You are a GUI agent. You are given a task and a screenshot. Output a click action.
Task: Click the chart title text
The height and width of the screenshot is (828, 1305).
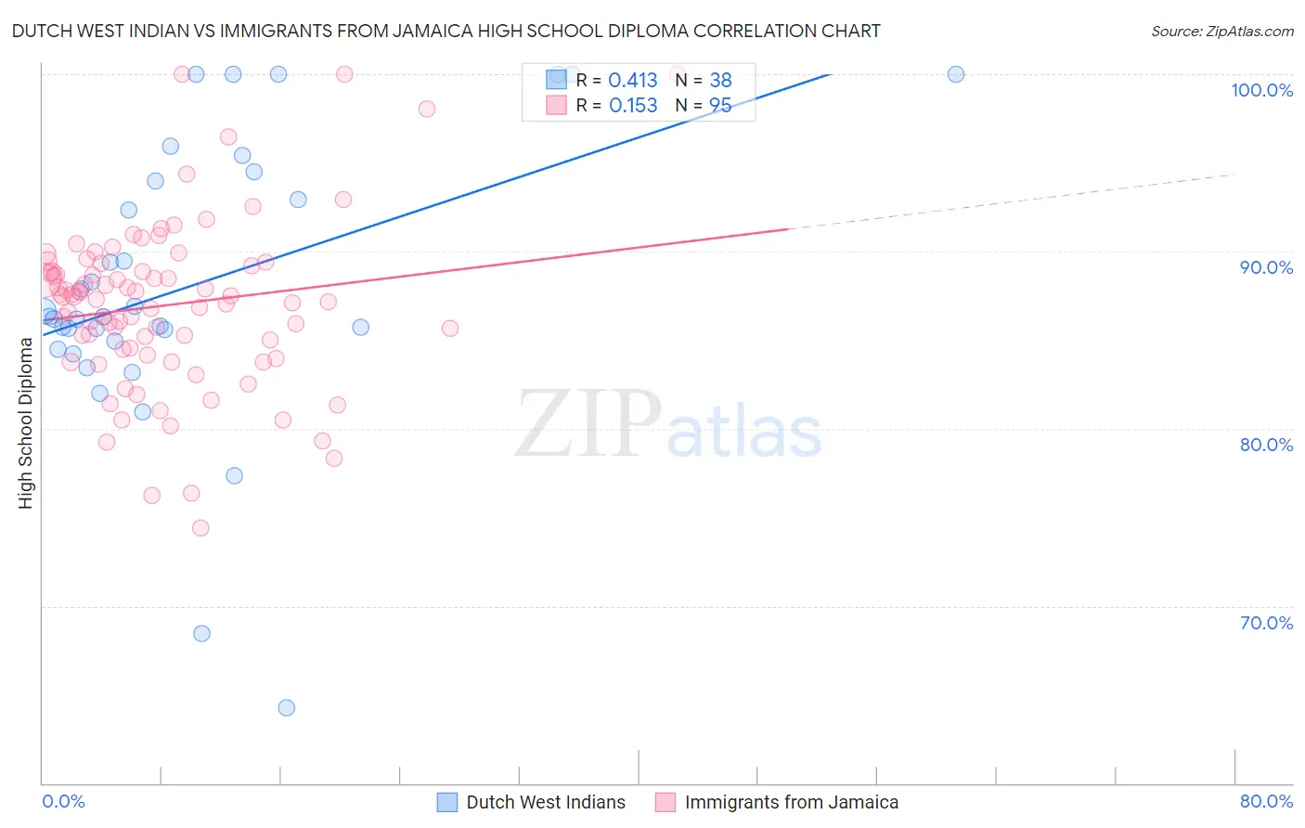click(x=446, y=31)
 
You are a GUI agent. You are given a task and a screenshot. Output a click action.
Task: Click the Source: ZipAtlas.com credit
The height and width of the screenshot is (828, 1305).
click(x=1221, y=31)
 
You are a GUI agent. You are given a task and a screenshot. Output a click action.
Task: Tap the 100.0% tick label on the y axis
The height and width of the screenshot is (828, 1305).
click(x=1261, y=90)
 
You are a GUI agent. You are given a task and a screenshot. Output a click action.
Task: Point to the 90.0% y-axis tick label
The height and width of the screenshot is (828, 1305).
click(x=1266, y=267)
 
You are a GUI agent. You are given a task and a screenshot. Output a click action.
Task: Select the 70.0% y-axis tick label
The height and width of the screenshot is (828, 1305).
click(x=1266, y=623)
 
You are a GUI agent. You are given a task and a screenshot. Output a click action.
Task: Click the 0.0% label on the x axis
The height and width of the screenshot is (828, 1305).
click(x=63, y=801)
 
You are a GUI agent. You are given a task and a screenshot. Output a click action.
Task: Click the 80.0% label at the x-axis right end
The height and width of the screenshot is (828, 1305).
click(x=1266, y=801)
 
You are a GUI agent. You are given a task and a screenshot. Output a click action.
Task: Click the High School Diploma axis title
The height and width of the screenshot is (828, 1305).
click(x=26, y=423)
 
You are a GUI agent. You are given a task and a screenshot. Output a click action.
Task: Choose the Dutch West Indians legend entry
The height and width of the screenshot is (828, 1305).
click(x=545, y=802)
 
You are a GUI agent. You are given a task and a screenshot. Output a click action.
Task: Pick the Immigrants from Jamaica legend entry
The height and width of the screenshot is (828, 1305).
click(x=791, y=802)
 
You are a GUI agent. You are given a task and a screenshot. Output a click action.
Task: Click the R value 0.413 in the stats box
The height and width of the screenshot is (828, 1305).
click(x=633, y=81)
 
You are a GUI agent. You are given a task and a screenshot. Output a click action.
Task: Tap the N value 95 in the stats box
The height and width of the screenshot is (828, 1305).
click(x=720, y=106)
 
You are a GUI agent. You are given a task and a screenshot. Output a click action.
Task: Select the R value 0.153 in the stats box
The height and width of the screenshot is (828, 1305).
click(x=633, y=106)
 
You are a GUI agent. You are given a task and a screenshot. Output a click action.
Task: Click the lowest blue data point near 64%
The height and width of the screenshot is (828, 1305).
click(x=287, y=707)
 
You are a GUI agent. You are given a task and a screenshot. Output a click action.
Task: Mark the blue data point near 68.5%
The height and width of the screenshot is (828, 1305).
click(x=201, y=633)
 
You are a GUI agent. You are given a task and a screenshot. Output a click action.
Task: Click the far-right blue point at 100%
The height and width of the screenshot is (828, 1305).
click(x=956, y=74)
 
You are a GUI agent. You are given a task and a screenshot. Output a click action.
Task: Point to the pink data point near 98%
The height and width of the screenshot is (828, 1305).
click(x=427, y=109)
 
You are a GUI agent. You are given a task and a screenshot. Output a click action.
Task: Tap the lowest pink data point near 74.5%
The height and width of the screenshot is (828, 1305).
click(x=200, y=527)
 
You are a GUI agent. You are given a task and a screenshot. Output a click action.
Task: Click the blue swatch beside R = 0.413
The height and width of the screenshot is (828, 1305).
click(x=556, y=81)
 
